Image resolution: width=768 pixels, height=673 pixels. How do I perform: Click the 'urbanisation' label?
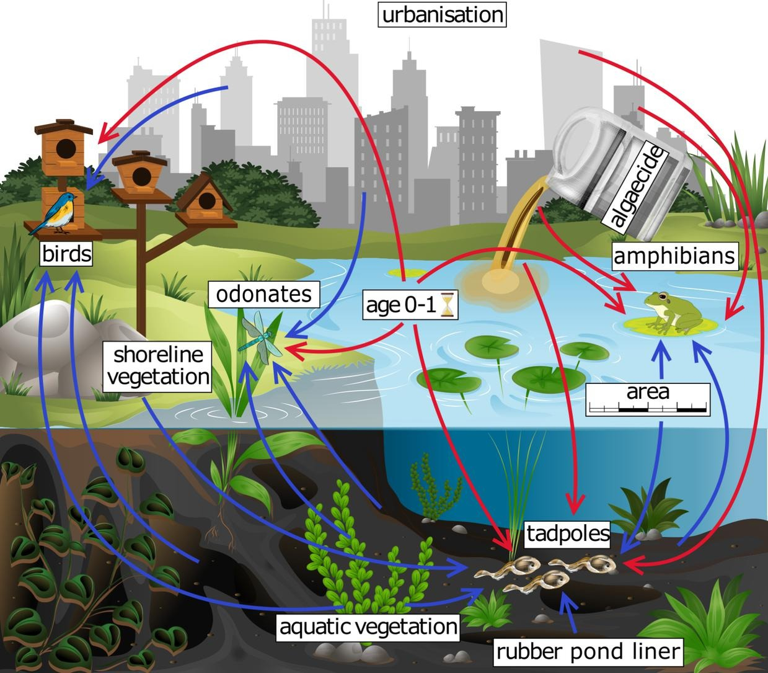click(442, 14)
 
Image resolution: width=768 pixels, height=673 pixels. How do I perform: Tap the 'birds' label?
click(66, 254)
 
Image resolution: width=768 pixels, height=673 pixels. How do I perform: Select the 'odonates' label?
click(263, 293)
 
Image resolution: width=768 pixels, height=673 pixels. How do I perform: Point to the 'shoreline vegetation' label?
click(159, 365)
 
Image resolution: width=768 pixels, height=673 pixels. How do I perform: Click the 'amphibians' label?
click(674, 256)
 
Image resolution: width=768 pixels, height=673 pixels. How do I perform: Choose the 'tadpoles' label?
click(568, 532)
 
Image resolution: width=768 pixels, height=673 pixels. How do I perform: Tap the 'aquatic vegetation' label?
click(368, 626)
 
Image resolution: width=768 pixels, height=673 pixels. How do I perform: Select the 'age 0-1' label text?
click(400, 305)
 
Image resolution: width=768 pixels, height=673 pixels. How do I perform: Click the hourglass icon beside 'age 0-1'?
click(448, 305)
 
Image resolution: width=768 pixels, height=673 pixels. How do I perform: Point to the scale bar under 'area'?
click(648, 408)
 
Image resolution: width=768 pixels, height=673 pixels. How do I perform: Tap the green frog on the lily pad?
click(669, 310)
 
